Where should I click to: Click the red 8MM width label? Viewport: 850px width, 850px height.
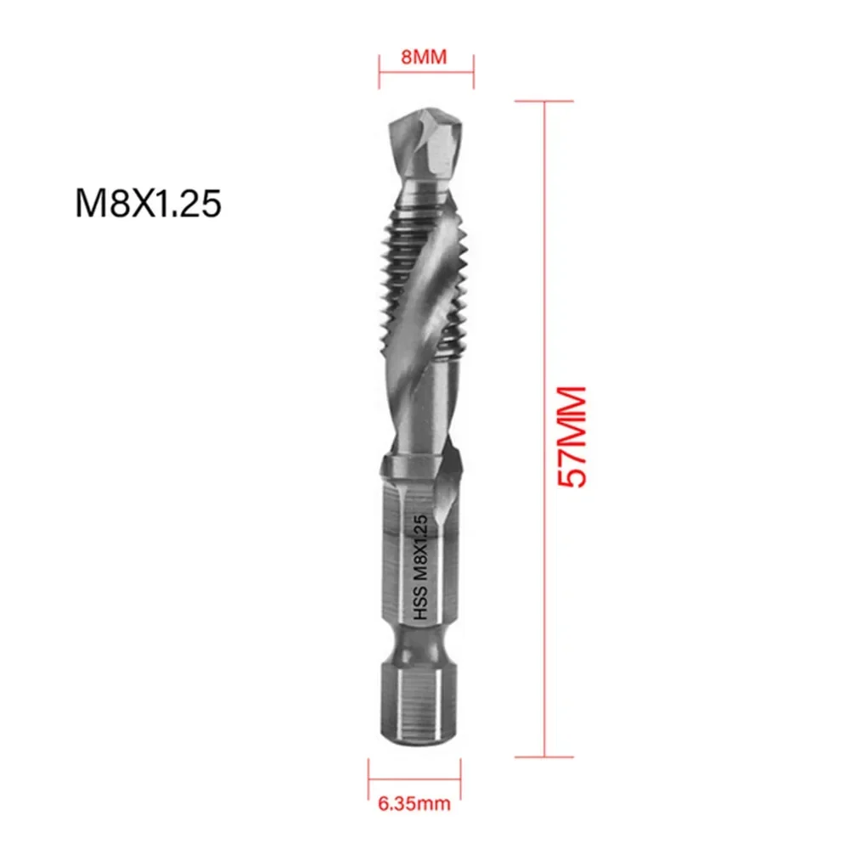[x=425, y=59]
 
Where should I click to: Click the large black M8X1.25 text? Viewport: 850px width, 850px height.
[x=148, y=205]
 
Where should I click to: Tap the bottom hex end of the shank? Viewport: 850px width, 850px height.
[x=421, y=713]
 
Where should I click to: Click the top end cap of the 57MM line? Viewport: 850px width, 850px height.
[x=543, y=101]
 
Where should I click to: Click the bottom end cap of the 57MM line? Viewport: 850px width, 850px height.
[x=543, y=753]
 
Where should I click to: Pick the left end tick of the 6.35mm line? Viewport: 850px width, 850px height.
[x=369, y=776]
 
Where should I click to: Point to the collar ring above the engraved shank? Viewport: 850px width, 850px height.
[x=421, y=467]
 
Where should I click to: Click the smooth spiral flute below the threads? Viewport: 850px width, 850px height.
[x=422, y=391]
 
